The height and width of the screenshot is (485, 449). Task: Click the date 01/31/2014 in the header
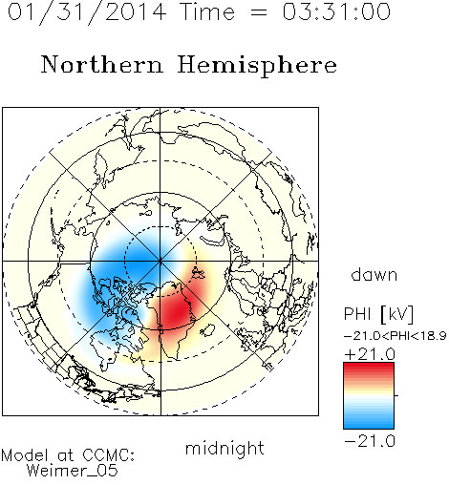(87, 12)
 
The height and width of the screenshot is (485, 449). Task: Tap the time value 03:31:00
(336, 11)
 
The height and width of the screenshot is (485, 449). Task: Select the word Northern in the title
(102, 65)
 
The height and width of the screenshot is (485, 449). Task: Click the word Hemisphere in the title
(257, 66)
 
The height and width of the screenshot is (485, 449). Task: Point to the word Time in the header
(207, 11)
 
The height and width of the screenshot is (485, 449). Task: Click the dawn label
(374, 274)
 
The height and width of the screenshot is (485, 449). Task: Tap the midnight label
(224, 448)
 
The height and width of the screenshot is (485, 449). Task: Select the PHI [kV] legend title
(378, 314)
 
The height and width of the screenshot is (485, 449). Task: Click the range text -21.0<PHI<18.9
(395, 336)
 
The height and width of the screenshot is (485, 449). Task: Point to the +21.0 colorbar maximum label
(370, 354)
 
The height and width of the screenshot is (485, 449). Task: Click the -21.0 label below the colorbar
(370, 441)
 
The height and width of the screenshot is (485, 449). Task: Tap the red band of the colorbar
(369, 370)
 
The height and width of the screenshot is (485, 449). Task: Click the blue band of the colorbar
(369, 421)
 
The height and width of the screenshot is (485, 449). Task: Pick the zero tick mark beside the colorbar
(396, 395)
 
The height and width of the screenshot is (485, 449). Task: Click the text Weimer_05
(73, 471)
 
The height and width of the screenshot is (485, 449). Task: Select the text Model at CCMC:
(68, 455)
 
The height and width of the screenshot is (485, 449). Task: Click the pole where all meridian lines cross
(160, 261)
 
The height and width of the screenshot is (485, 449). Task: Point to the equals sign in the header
(259, 12)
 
